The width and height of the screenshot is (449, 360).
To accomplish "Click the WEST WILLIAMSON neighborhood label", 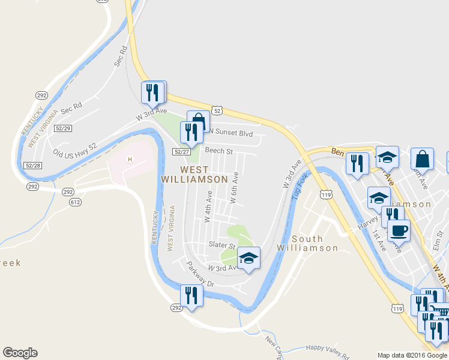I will pos(194,174).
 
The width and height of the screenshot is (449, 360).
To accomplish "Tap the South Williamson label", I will pos(307,242).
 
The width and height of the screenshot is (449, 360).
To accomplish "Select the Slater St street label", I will pos(221,245).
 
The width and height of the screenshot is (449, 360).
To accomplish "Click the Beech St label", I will pos(218,151).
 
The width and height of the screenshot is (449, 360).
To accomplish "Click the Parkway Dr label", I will pos(199,273).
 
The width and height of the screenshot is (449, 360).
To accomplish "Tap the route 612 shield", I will pos(76,203).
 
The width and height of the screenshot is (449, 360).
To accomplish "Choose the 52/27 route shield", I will pos(182,152).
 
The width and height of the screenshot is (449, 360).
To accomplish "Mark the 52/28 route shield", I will pos(34,165).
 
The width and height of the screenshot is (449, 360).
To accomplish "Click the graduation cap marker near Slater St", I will pos(249,259).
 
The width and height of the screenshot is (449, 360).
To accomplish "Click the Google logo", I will pos(20,353).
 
